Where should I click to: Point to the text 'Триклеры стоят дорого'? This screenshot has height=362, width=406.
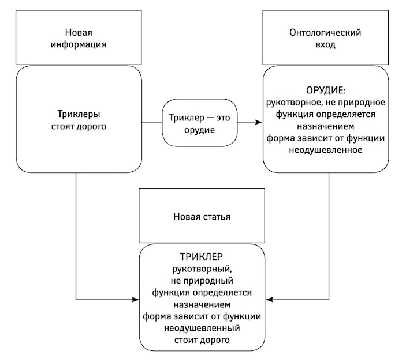click(x=79, y=120)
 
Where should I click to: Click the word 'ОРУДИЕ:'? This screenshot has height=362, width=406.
click(x=326, y=90)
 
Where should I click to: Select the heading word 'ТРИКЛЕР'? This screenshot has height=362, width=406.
click(x=201, y=257)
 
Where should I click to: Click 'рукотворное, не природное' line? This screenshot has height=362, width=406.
click(x=326, y=103)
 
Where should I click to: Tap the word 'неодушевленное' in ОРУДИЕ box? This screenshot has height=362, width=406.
click(x=326, y=150)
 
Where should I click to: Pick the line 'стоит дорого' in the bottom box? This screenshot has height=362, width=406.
click(x=202, y=340)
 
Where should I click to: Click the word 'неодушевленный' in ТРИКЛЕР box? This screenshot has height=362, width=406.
click(x=202, y=328)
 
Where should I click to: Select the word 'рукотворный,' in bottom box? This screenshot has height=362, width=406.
click(x=202, y=269)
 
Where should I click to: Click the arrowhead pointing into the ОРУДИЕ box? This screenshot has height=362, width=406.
click(x=259, y=122)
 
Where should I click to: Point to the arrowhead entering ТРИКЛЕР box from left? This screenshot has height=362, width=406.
click(x=136, y=300)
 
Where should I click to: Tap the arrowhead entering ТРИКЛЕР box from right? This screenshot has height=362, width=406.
click(x=269, y=300)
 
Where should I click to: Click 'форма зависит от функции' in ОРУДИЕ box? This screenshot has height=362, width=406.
click(x=326, y=138)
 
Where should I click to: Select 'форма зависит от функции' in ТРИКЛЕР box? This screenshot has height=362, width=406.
click(x=202, y=316)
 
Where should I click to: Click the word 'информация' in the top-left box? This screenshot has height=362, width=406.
click(x=79, y=44)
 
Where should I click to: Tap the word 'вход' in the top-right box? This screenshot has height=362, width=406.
click(x=326, y=44)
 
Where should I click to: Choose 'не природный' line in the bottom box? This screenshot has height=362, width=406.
click(x=202, y=281)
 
